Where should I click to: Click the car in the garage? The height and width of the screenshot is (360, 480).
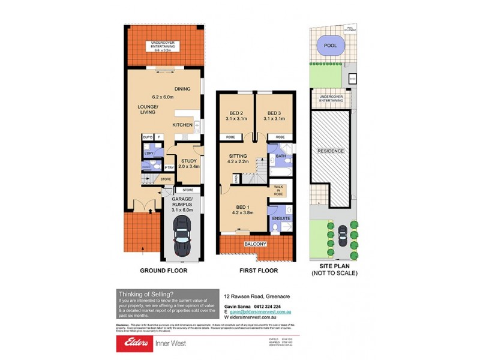click(182, 236)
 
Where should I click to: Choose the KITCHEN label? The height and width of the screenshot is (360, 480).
click(182, 125)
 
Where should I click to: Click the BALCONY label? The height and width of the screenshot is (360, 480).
click(254, 245)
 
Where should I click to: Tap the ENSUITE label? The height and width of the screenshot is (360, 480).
click(281, 218)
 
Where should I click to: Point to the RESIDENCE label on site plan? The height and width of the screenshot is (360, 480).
click(331, 151)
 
